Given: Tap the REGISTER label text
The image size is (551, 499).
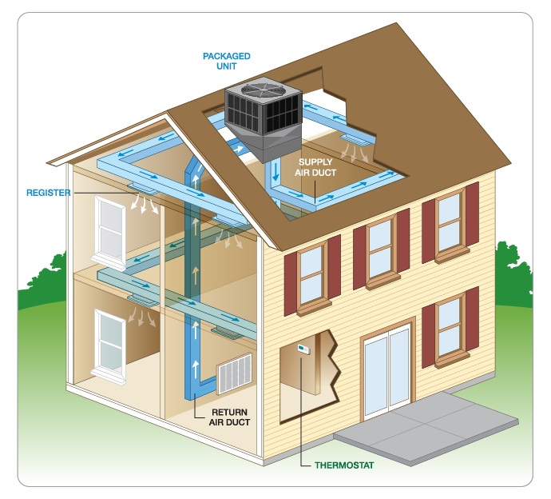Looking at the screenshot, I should [x=49, y=193].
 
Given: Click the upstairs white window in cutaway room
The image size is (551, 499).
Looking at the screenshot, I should [x=109, y=227].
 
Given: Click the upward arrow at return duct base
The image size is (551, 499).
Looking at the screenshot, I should [x=194, y=369].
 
